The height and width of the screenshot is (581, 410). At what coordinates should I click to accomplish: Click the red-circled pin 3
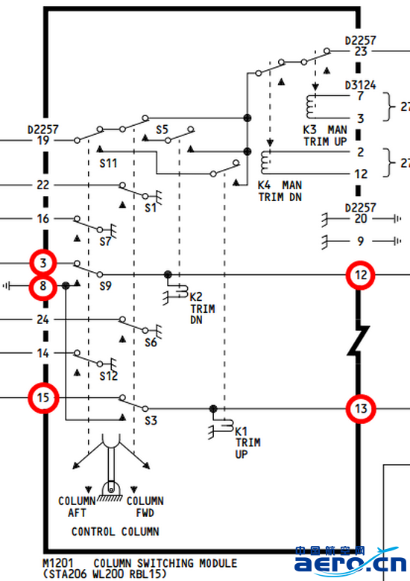(x=43, y=263)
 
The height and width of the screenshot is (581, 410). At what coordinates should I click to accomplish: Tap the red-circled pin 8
(x=43, y=287)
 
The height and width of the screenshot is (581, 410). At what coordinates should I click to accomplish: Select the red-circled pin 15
(x=43, y=398)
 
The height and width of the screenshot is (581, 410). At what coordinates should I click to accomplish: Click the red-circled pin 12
(x=361, y=276)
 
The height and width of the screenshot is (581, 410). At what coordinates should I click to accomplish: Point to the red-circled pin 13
(x=361, y=409)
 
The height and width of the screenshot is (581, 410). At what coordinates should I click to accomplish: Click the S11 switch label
(x=108, y=163)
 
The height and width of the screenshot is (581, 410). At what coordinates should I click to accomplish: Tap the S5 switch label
(x=162, y=130)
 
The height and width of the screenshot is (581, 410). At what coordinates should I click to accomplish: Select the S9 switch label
(x=106, y=286)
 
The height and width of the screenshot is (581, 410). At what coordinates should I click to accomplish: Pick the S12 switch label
(x=109, y=376)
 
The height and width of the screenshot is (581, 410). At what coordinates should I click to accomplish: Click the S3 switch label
(x=151, y=421)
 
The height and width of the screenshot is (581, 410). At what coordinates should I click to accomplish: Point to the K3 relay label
(x=310, y=130)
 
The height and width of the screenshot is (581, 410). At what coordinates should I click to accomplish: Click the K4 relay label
(x=265, y=185)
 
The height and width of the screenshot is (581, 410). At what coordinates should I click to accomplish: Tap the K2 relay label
(x=196, y=296)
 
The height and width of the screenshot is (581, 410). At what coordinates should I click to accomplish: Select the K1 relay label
(x=242, y=431)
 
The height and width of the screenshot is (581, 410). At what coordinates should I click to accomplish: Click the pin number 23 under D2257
(x=361, y=51)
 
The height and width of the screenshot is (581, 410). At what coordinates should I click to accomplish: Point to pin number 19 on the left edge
(x=43, y=141)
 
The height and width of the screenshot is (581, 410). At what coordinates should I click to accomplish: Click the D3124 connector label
(x=360, y=85)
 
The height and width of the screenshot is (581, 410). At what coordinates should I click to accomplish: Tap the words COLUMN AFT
(x=77, y=507)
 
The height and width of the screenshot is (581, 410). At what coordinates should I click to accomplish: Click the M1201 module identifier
(x=58, y=563)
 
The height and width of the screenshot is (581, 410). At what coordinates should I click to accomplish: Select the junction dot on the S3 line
(x=213, y=409)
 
